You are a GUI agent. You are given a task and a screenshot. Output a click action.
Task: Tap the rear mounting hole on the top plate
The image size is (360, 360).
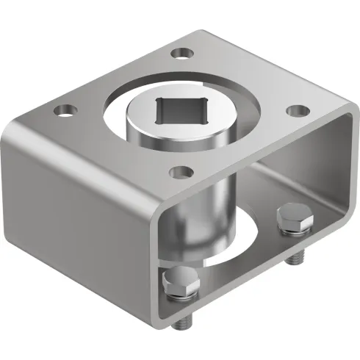click(x=180, y=53)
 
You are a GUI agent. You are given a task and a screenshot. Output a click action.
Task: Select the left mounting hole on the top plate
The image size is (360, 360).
click(x=66, y=112)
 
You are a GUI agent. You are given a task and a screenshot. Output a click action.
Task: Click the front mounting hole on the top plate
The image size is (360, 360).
click(x=179, y=173)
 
